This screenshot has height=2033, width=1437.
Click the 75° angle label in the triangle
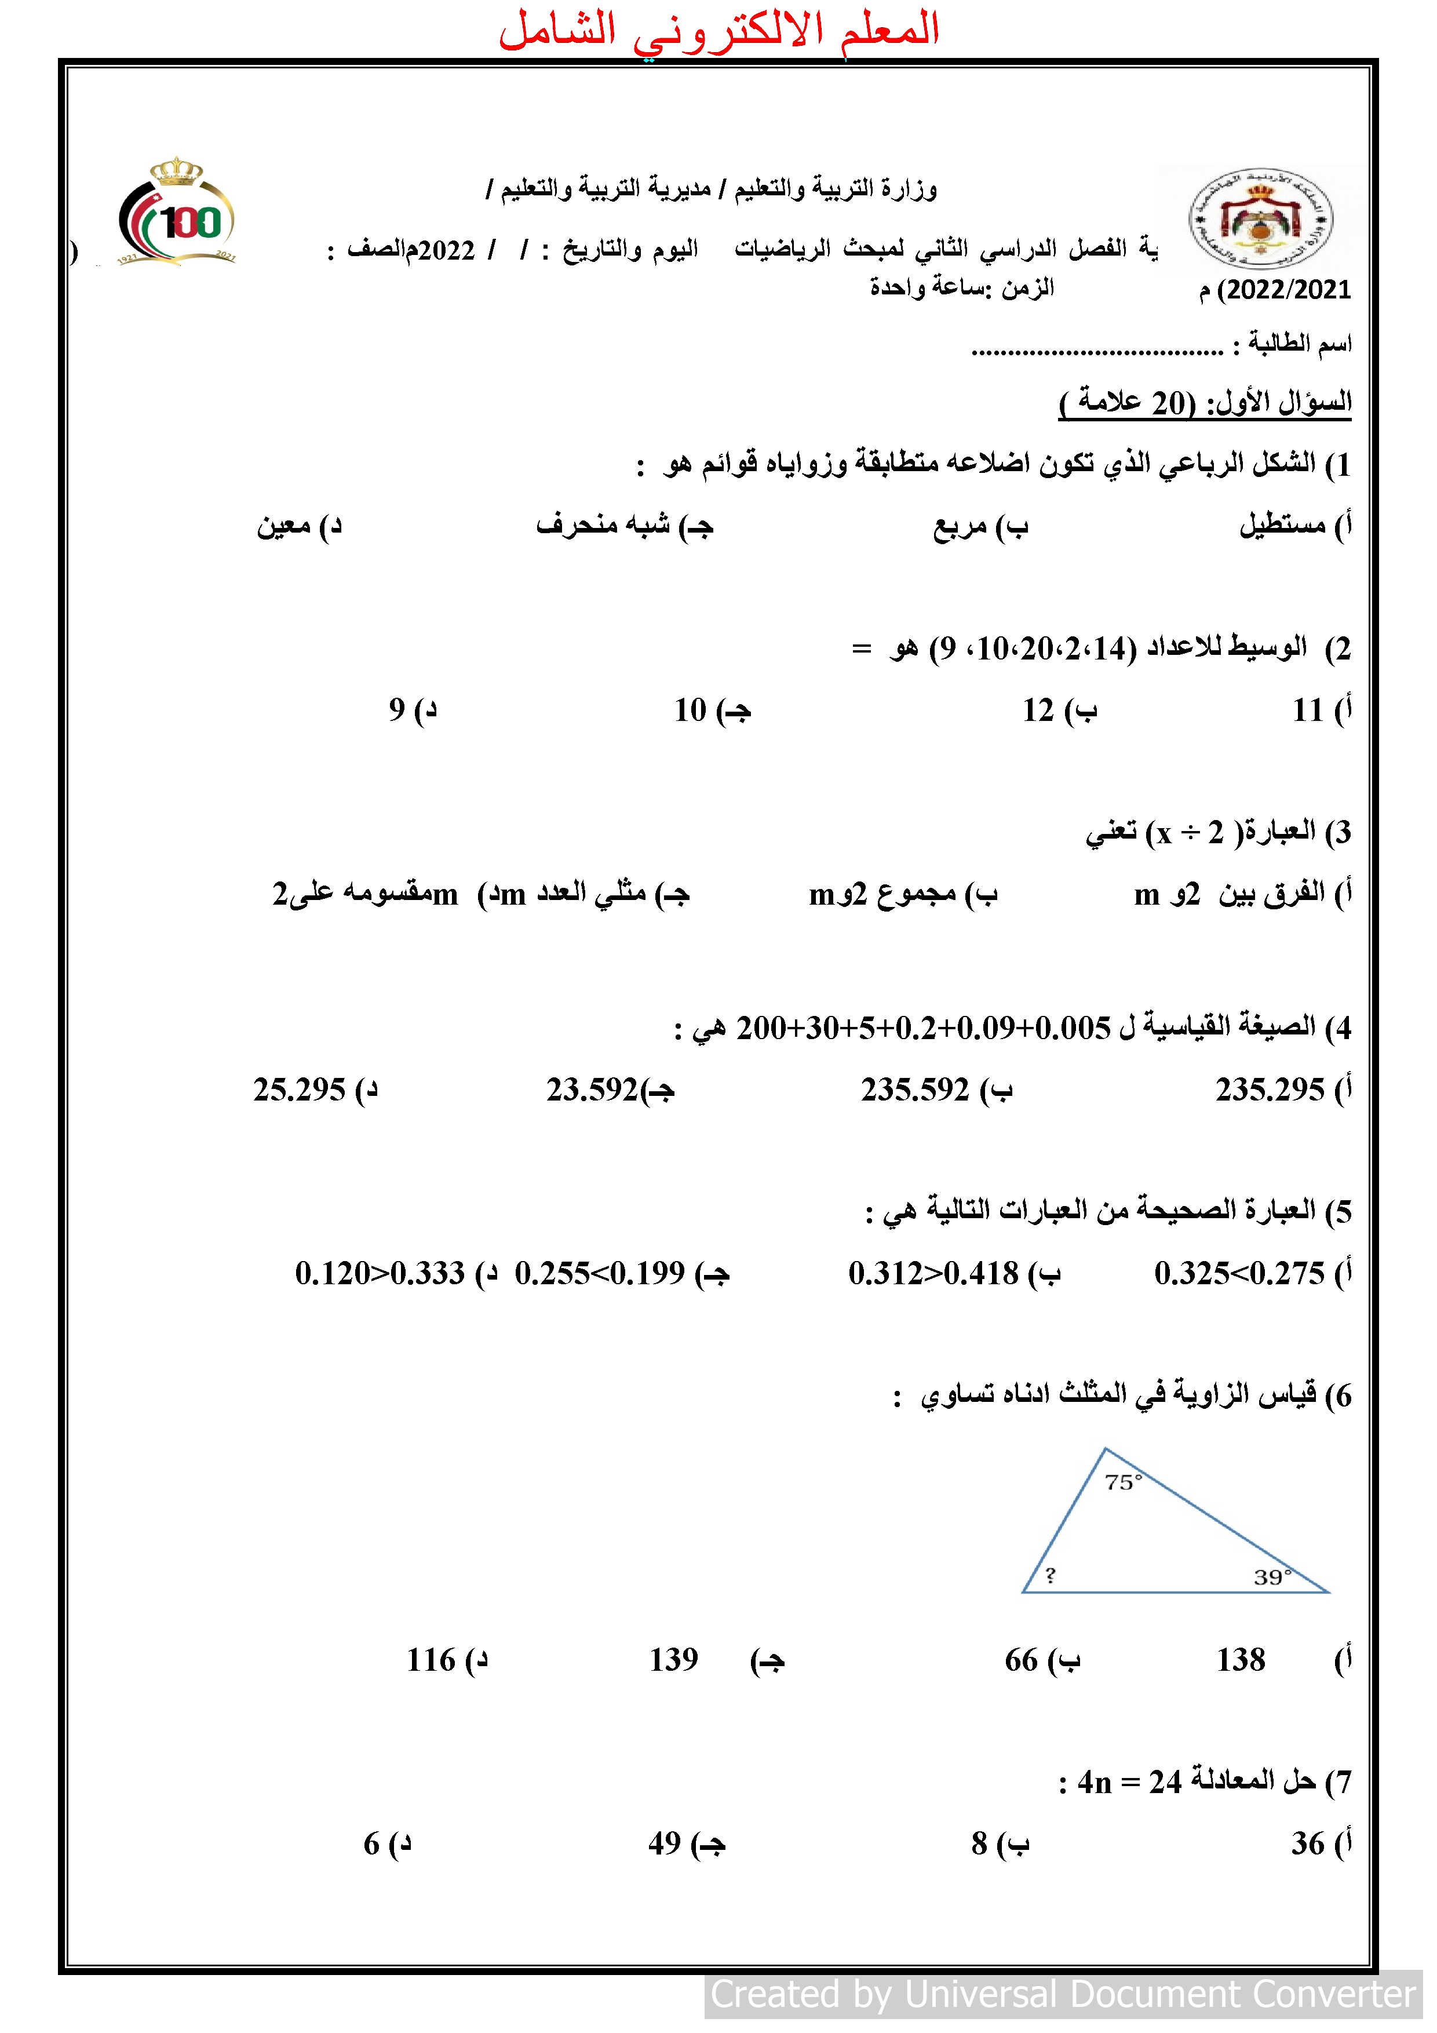pos(1123,1481)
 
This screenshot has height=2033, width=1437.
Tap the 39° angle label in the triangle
pos(1272,1577)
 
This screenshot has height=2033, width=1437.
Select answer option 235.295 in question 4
pos(1270,1089)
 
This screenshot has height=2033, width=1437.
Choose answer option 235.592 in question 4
pos(916,1089)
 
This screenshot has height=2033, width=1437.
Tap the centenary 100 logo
pos(178,213)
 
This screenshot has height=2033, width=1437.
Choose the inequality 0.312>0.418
pos(933,1273)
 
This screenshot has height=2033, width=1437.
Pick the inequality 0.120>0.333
pos(380,1273)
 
